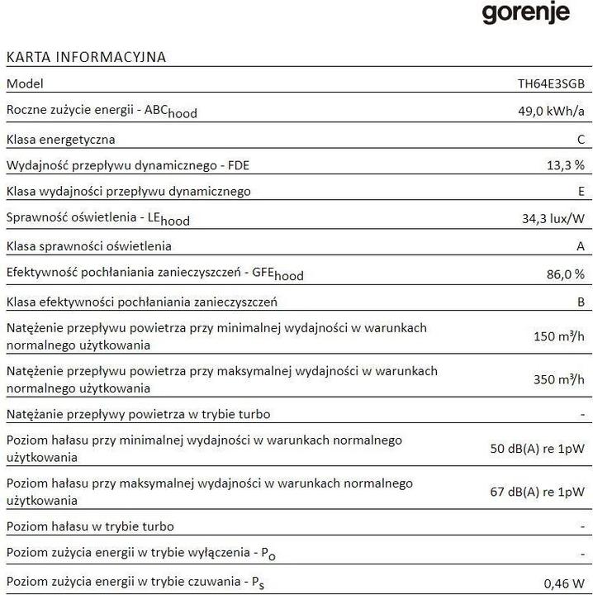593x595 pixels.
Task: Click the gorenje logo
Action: click(x=525, y=13)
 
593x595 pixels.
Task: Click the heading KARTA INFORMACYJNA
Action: click(x=86, y=57)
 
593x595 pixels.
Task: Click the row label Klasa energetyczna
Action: click(x=60, y=139)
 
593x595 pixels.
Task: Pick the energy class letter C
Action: click(x=581, y=139)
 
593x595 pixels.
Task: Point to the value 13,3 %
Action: click(x=565, y=165)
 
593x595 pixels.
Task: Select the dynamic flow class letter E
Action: click(x=581, y=192)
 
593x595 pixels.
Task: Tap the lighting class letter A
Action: click(x=581, y=246)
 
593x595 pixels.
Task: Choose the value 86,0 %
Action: click(x=565, y=274)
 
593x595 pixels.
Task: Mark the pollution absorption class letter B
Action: click(x=581, y=302)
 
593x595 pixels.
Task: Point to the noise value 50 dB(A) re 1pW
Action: click(x=538, y=449)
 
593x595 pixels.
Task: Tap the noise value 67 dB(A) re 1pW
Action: click(x=538, y=492)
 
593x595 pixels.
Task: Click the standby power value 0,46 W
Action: click(x=567, y=583)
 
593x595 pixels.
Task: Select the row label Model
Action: click(x=24, y=83)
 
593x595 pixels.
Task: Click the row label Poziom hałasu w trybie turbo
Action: click(x=89, y=526)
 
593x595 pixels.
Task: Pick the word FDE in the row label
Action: click(x=235, y=165)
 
